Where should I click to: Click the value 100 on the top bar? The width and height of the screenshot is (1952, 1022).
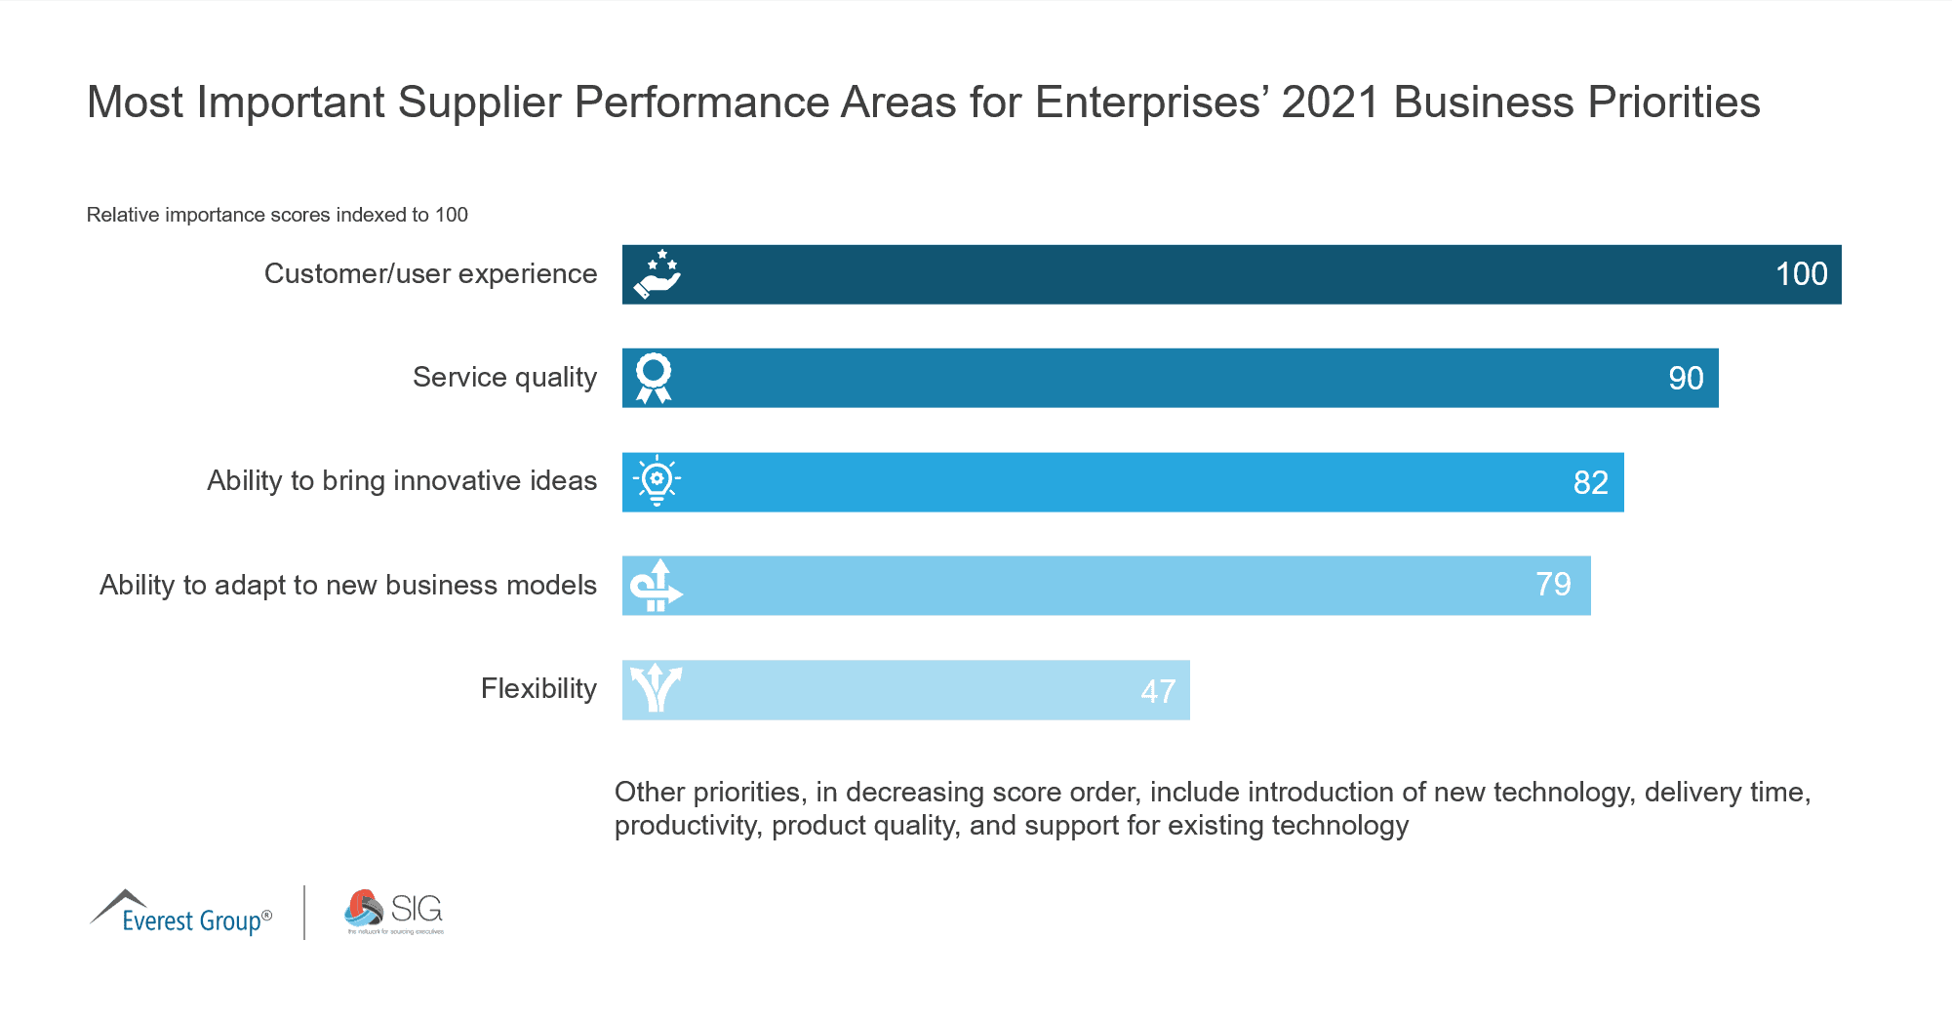pos(1801,274)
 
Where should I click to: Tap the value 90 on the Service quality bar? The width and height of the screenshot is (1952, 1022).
pos(1686,379)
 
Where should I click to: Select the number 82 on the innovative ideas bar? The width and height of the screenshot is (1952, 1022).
pos(1590,482)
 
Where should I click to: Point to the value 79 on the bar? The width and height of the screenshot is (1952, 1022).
pos(1553,585)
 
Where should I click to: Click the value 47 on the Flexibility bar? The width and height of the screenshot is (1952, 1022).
pos(1158,691)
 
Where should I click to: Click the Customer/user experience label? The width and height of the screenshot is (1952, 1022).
pos(430,274)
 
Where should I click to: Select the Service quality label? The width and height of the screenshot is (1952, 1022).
pos(504,378)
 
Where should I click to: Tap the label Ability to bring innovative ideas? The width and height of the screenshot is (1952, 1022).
pos(402,481)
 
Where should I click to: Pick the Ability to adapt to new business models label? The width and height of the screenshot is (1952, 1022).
pos(348,585)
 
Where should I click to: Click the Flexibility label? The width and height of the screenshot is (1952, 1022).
pos(538,689)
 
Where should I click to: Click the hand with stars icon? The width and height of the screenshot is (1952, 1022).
pos(657,274)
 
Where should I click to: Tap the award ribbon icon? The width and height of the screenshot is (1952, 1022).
pos(654,378)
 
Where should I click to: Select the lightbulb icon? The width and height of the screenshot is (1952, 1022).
pos(657,480)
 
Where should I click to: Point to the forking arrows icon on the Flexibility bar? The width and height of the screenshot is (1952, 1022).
pos(656,688)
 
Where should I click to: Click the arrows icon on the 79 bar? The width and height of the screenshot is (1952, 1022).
pos(657,586)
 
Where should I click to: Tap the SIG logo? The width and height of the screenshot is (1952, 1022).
pos(394,912)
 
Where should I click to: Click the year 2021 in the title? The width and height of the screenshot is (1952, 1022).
pos(1330,102)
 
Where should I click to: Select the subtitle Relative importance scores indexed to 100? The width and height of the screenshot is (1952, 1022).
pos(277,215)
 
